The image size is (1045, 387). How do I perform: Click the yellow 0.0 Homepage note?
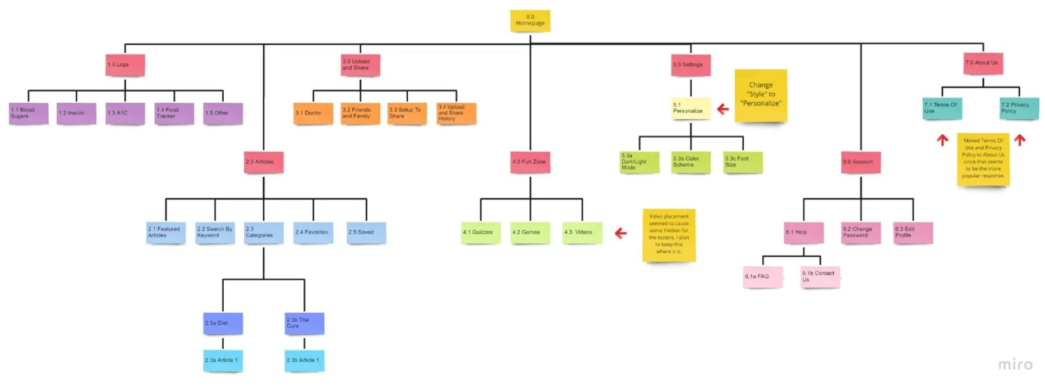click(x=530, y=20)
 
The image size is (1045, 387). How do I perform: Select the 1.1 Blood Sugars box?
click(x=29, y=113)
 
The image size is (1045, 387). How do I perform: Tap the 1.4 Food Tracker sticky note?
click(x=174, y=113)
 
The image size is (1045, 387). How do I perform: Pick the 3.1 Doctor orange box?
click(x=313, y=113)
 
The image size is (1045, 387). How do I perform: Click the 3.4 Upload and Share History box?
click(x=456, y=113)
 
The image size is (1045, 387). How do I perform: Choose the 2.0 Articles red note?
click(x=263, y=162)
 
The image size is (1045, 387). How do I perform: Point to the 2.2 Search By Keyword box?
click(x=215, y=233)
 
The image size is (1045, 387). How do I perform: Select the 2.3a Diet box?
click(x=223, y=324)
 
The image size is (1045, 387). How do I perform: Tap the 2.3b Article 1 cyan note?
click(x=305, y=361)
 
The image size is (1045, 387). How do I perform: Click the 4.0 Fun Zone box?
click(x=530, y=162)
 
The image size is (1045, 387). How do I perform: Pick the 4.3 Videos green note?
click(x=582, y=233)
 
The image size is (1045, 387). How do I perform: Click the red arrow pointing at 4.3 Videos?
click(x=620, y=233)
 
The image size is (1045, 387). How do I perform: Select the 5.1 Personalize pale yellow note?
click(x=690, y=108)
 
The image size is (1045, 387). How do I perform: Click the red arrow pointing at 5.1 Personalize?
click(x=723, y=109)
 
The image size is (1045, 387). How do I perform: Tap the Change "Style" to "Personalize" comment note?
click(x=761, y=95)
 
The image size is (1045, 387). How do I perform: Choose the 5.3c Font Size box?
click(x=743, y=162)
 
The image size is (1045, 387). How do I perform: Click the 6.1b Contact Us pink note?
click(x=820, y=277)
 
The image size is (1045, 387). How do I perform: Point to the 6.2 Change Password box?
click(x=860, y=233)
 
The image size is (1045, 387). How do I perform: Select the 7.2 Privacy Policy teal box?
click(x=1019, y=108)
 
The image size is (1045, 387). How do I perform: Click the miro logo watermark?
click(x=1015, y=365)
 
